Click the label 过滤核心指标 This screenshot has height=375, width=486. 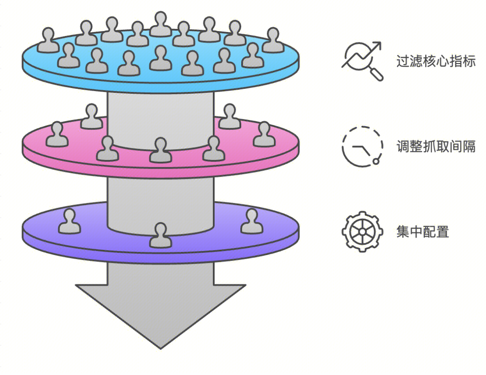tap(436, 61)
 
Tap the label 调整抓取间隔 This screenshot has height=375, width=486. tap(436, 146)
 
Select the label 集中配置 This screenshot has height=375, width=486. tap(423, 232)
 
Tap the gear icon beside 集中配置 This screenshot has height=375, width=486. tap(362, 232)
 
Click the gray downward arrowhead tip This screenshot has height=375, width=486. tap(160, 345)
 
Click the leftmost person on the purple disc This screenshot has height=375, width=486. tap(70, 222)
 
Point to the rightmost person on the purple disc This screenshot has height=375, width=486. tap(252, 222)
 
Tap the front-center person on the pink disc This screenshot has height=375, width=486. tap(160, 151)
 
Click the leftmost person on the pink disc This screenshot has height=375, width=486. tap(57, 135)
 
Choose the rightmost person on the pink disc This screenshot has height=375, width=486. tap(264, 135)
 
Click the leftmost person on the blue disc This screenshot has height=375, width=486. tap(48, 41)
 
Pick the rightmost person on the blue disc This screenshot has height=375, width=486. tap(273, 41)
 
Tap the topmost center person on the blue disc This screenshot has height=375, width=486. tap(160, 24)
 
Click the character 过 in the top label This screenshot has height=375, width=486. tap(402, 61)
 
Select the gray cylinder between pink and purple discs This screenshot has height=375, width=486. tap(160, 194)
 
